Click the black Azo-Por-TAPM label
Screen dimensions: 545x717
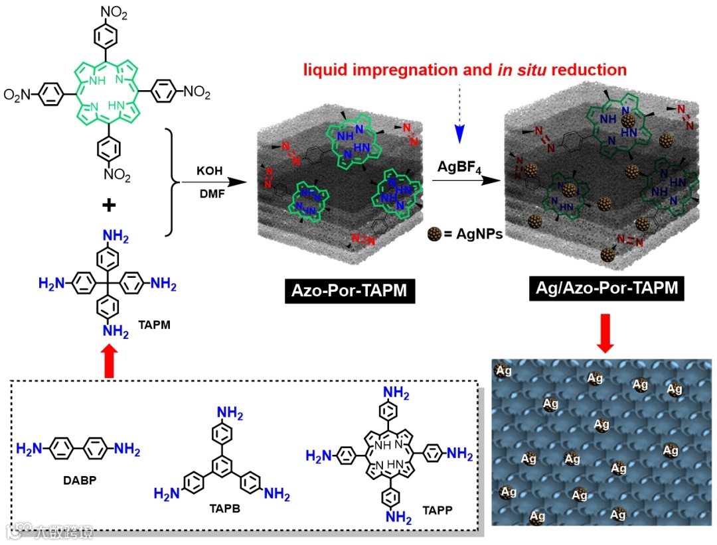[x=350, y=290]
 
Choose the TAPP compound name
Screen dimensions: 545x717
[x=436, y=512]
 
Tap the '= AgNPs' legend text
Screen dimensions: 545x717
[x=473, y=233]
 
